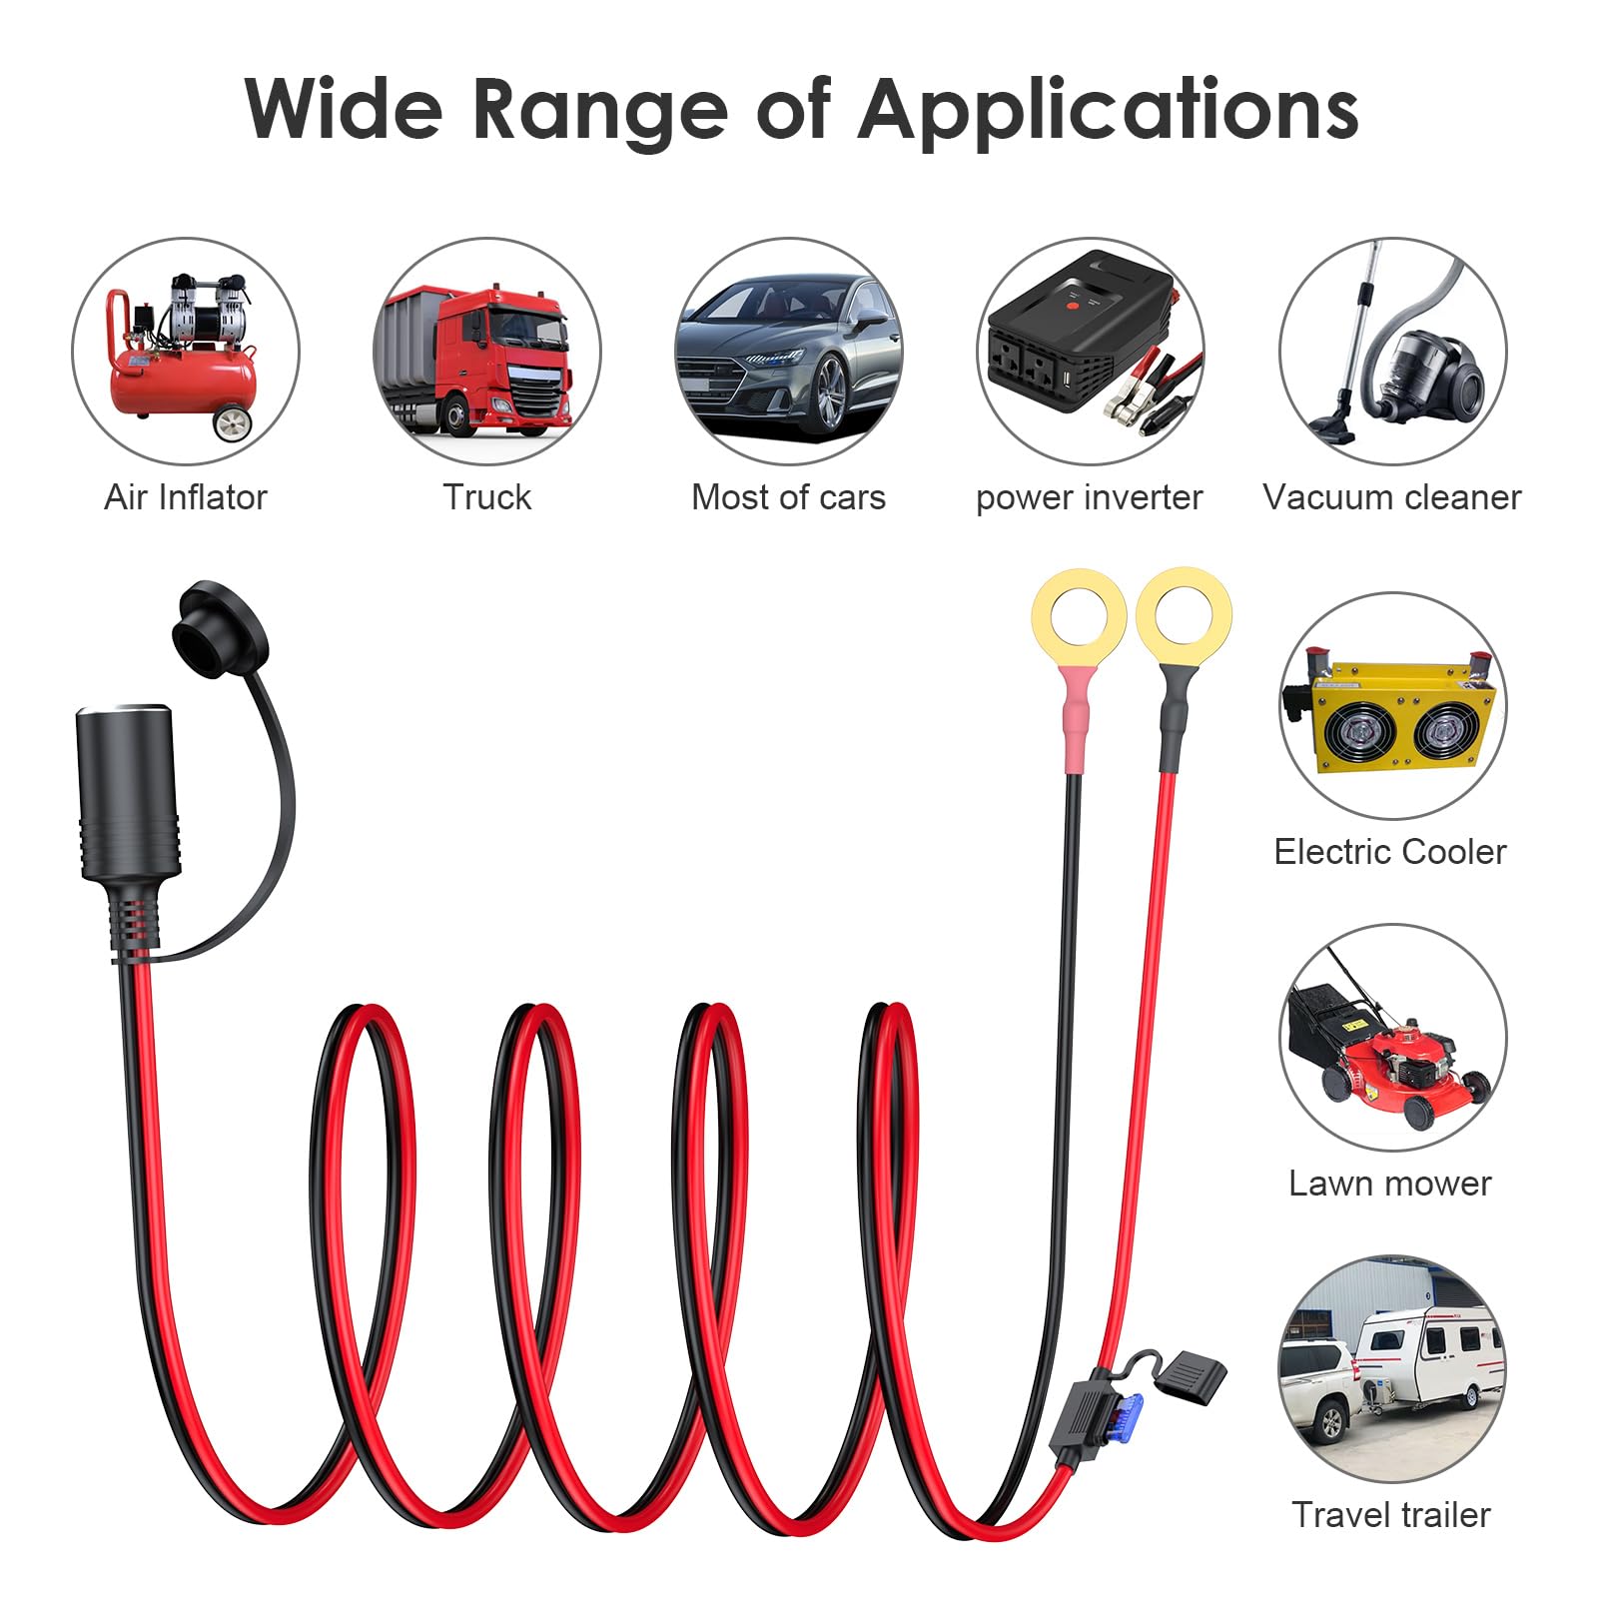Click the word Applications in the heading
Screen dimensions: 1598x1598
pyautogui.click(x=1108, y=110)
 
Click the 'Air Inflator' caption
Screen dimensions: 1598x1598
pyautogui.click(x=186, y=497)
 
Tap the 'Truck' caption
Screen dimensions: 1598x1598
pyautogui.click(x=487, y=497)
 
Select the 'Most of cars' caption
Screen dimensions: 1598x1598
pyautogui.click(x=789, y=497)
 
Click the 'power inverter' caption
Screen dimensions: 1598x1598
pyautogui.click(x=1090, y=498)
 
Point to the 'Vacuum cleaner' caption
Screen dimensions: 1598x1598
pyautogui.click(x=1392, y=497)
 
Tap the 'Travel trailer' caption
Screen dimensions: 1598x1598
pyautogui.click(x=1391, y=1515)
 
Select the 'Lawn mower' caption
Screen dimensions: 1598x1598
pyautogui.click(x=1390, y=1184)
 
